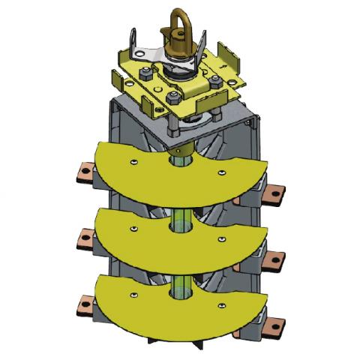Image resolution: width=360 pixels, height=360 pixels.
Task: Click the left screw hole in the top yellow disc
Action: [132, 160]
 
